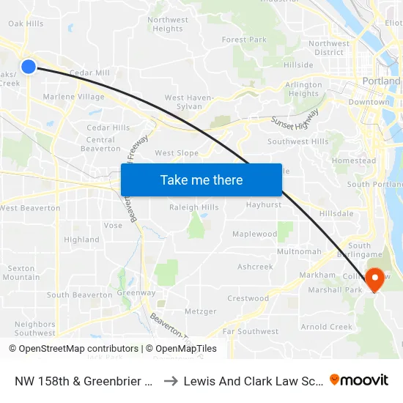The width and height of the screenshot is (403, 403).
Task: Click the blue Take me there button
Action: tap(202, 180)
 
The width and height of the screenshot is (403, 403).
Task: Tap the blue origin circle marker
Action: tap(29, 67)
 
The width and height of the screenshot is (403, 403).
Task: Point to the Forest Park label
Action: tap(244, 40)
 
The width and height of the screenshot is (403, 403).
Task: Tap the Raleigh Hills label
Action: tap(194, 207)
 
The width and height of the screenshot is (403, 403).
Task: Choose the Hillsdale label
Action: tap(336, 213)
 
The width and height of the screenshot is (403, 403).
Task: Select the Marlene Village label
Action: tap(73, 97)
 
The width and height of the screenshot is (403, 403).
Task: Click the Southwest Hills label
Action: tap(298, 141)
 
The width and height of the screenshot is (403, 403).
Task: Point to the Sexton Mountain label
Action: tap(21, 273)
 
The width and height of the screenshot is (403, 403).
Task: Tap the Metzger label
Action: tap(200, 311)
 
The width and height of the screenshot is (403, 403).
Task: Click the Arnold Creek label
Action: tap(326, 327)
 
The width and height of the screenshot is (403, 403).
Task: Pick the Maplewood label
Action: tap(254, 234)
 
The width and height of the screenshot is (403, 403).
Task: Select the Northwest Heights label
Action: tap(168, 24)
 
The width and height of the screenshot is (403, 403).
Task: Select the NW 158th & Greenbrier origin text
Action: tap(82, 381)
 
